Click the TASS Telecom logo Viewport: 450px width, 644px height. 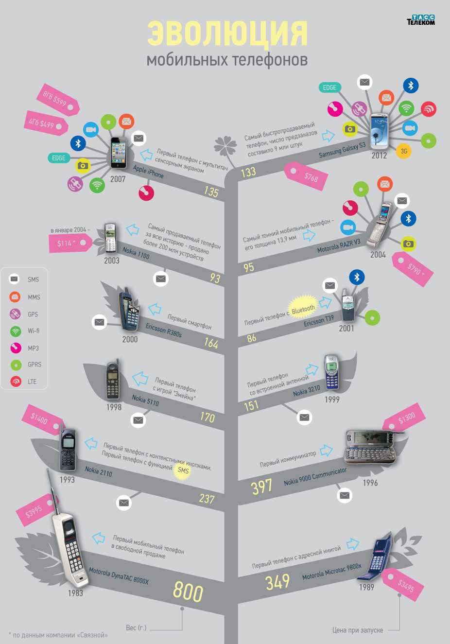(420, 20)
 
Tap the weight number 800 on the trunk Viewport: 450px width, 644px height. (188, 592)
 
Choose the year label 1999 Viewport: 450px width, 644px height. (332, 400)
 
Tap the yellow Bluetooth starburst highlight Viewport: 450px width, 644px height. (303, 310)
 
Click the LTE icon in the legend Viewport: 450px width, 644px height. (16, 382)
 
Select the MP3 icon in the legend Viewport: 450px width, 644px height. (16, 348)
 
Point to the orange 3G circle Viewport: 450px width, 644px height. (404, 151)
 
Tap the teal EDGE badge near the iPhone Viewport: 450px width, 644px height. (58, 158)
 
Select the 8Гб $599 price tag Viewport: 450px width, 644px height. (57, 100)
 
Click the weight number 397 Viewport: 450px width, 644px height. (261, 486)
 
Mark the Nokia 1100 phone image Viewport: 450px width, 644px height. (111, 238)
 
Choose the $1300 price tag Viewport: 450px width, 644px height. (405, 418)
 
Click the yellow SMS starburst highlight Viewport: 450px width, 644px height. (183, 470)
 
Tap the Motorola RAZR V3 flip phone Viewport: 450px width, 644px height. (380, 225)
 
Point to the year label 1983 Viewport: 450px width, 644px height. (75, 593)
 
